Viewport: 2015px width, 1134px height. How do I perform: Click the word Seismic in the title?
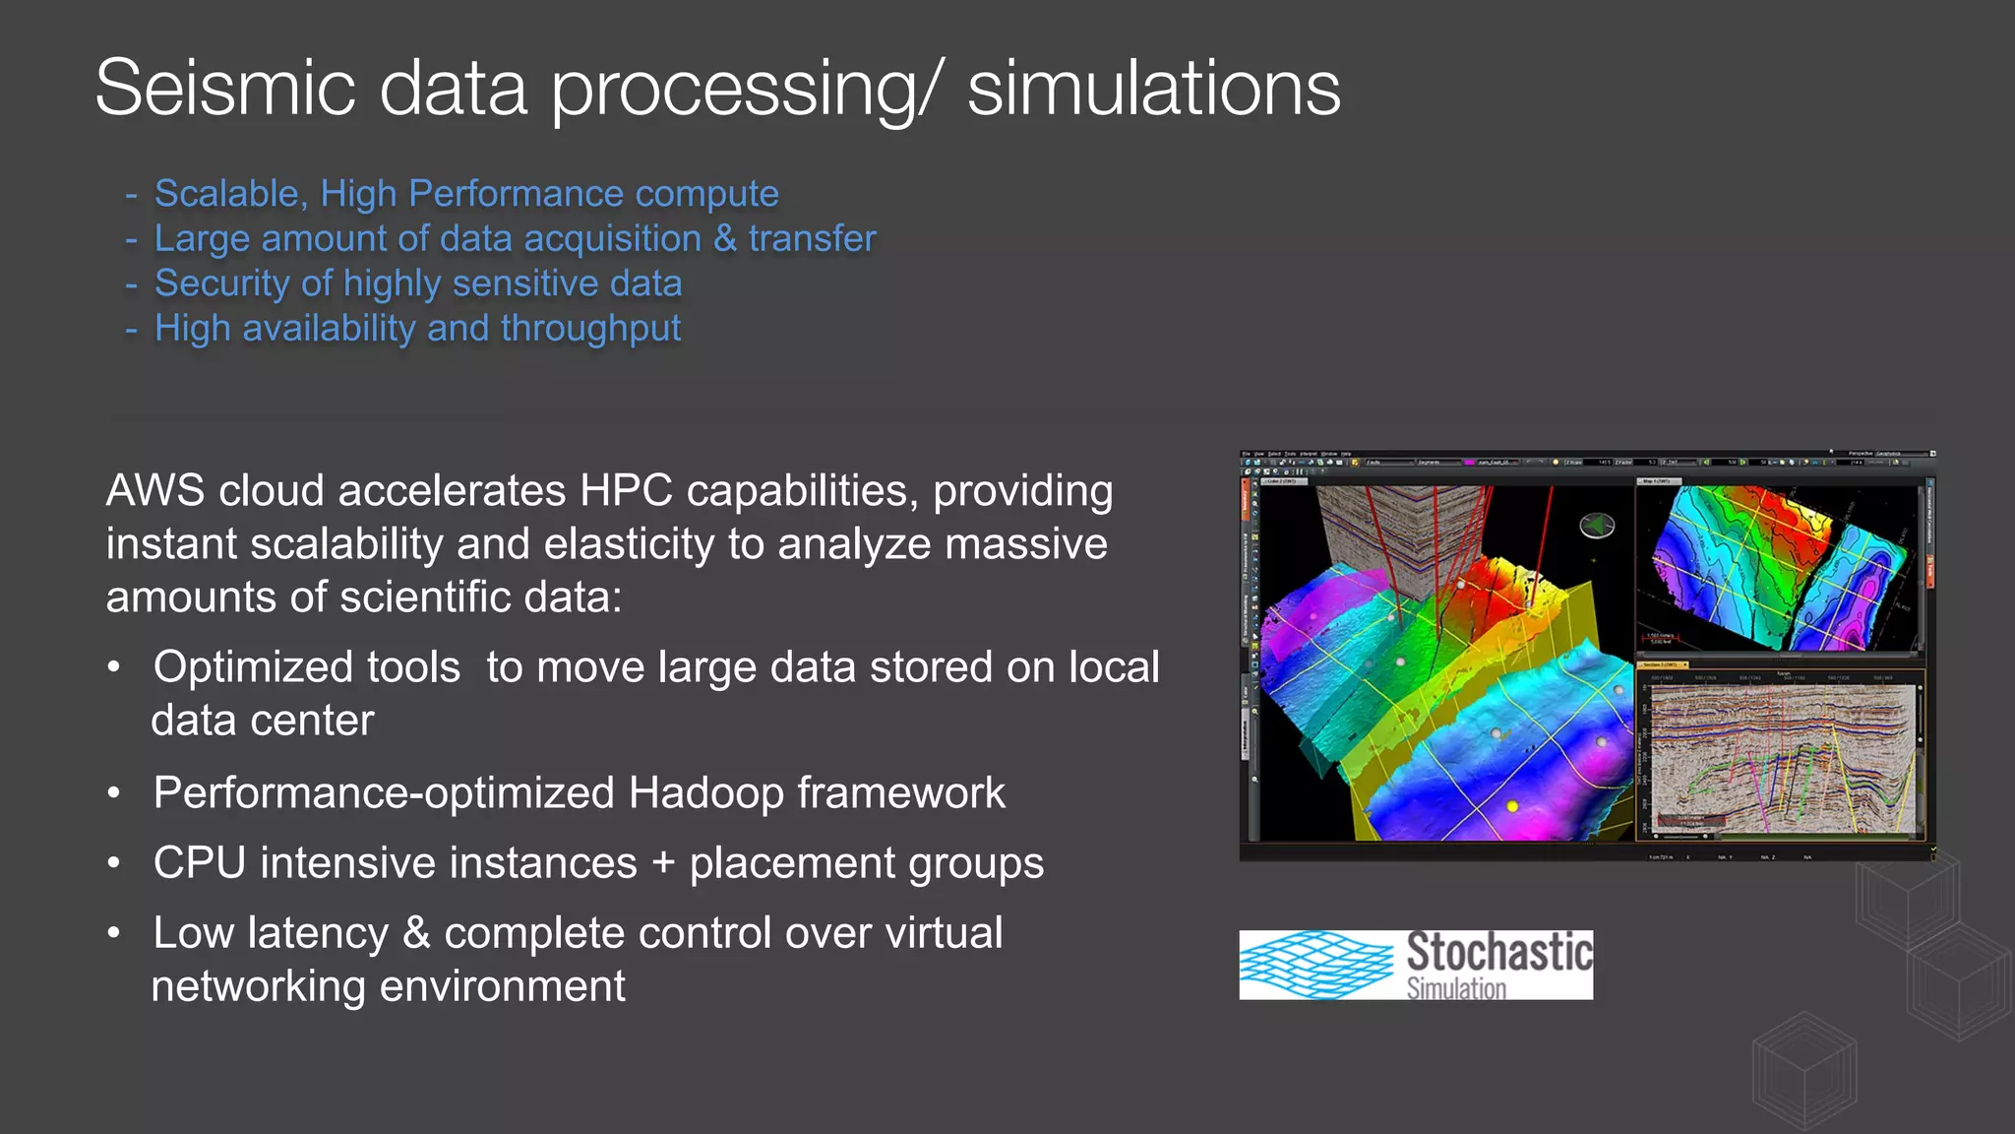[x=224, y=89]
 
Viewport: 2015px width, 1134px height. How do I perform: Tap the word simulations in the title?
[x=1153, y=89]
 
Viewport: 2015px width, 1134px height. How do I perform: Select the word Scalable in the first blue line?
[x=225, y=194]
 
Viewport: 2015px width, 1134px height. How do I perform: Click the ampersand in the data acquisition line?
[x=724, y=239]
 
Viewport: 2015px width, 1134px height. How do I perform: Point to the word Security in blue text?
[x=221, y=283]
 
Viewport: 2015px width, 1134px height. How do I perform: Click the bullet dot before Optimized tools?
[x=114, y=667]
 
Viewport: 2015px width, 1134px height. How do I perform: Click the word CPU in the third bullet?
[x=200, y=863]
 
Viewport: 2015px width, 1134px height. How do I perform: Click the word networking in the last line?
[x=258, y=986]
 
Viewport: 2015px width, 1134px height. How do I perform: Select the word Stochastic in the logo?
[x=1498, y=952]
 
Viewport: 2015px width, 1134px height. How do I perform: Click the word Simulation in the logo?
[x=1455, y=988]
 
